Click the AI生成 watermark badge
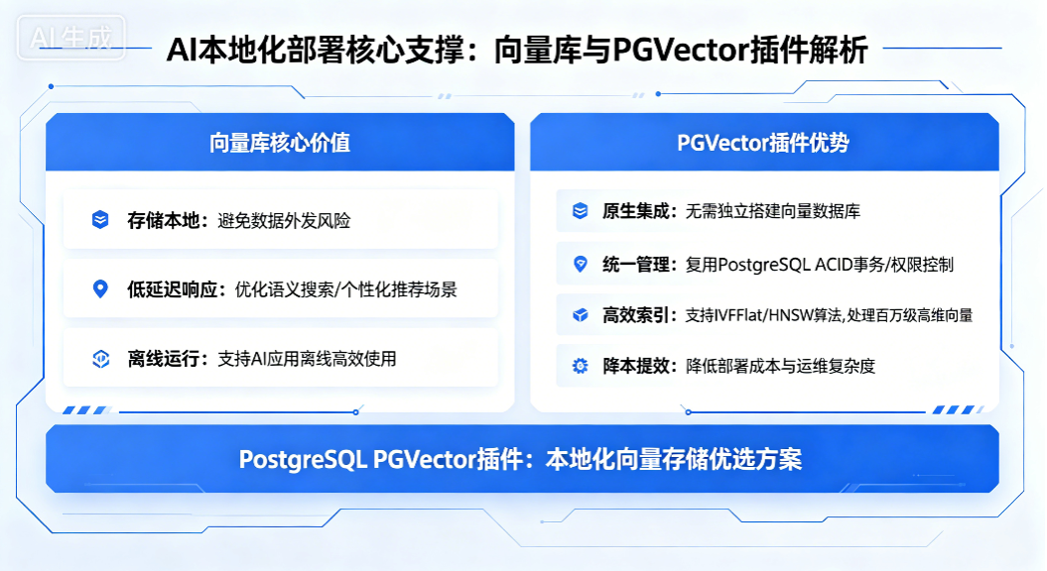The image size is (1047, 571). click(x=70, y=38)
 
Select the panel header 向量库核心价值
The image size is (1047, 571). click(x=280, y=143)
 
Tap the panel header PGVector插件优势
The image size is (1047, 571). click(x=763, y=143)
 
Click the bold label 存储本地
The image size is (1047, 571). click(x=164, y=220)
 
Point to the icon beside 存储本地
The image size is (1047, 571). click(x=100, y=219)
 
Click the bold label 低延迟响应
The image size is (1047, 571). click(x=173, y=289)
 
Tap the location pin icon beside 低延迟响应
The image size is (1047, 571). click(x=100, y=288)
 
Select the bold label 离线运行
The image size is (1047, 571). click(x=164, y=359)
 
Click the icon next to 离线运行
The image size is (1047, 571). click(x=101, y=359)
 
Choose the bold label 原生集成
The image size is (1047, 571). click(x=636, y=211)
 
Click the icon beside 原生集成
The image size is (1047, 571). click(x=581, y=211)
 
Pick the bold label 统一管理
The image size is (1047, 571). click(x=636, y=265)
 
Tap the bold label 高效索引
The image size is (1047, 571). click(x=636, y=315)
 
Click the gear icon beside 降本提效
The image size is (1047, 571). click(x=581, y=366)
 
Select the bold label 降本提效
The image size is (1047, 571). click(x=636, y=366)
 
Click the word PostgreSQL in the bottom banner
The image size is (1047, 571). click(x=303, y=460)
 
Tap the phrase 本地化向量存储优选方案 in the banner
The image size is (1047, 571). click(x=674, y=459)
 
